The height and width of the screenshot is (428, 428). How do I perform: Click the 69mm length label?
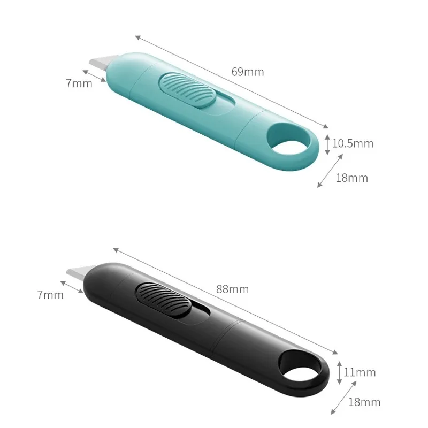pyautogui.click(x=247, y=72)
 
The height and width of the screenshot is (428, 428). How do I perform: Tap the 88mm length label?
pyautogui.click(x=232, y=289)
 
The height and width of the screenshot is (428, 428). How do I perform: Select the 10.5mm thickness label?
pyautogui.click(x=353, y=143)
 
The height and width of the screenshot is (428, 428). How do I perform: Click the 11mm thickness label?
pyautogui.click(x=360, y=372)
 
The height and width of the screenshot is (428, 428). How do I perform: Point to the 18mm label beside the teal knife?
pyautogui.click(x=351, y=178)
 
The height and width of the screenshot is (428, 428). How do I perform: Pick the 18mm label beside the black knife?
pyautogui.click(x=364, y=402)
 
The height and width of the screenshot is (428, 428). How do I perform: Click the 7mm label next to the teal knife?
pyautogui.click(x=79, y=83)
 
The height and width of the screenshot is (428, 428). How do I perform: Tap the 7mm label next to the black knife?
pyautogui.click(x=50, y=295)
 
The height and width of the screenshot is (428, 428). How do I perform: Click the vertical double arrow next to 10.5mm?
pyautogui.click(x=327, y=144)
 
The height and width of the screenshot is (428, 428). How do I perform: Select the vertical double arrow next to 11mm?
pyautogui.click(x=339, y=372)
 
